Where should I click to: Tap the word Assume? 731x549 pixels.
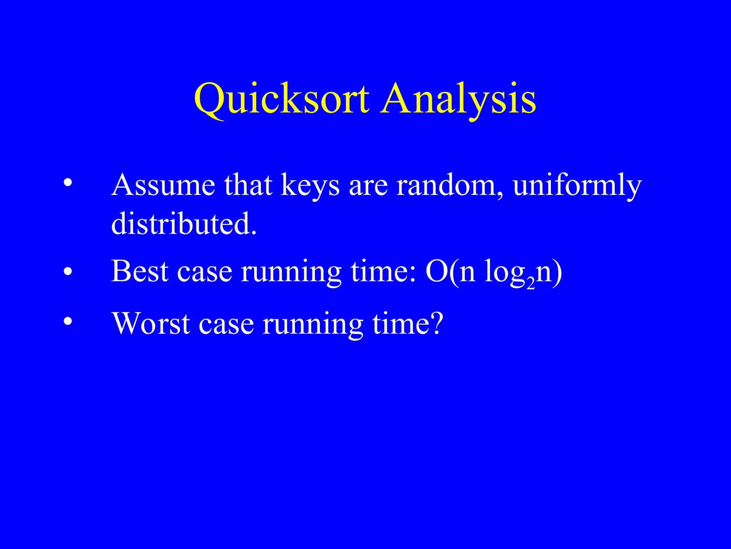coord(163,185)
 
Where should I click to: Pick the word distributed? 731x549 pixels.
coord(183,223)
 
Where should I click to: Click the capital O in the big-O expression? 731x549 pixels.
coord(437,271)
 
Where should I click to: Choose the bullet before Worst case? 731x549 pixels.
coord(67,321)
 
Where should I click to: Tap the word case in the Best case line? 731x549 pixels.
coord(205,272)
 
